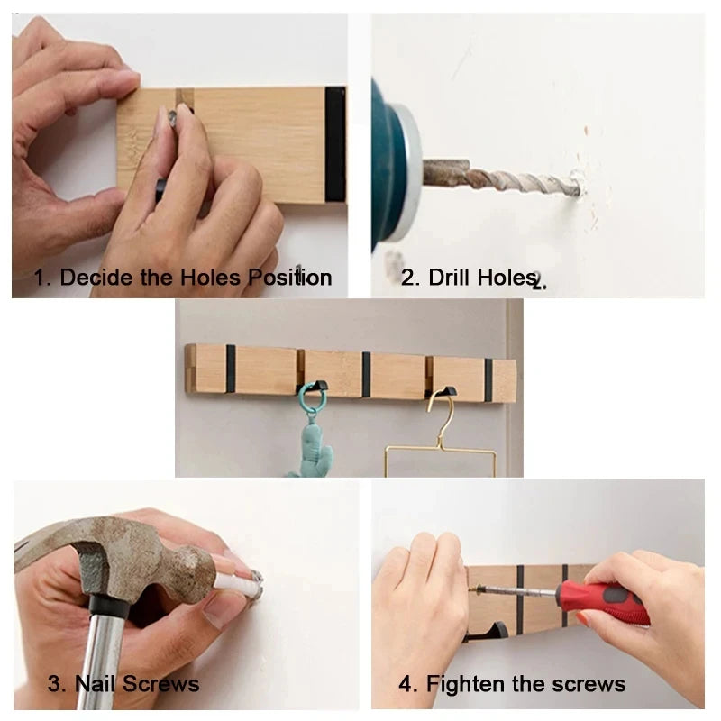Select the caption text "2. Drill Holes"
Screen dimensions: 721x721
coord(469,277)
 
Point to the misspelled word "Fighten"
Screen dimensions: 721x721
coord(470,684)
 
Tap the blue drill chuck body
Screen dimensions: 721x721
coord(388,153)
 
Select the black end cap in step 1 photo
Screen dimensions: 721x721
coord(335,144)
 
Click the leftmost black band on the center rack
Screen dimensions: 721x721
coord(231,370)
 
